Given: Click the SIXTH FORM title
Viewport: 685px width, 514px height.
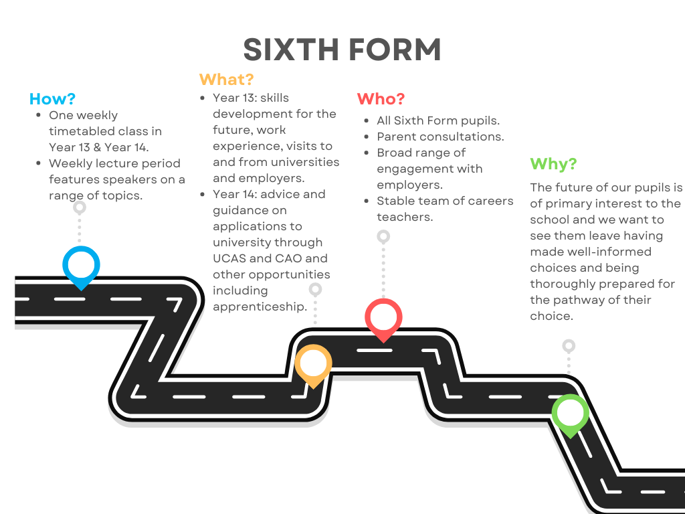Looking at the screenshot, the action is point(342,50).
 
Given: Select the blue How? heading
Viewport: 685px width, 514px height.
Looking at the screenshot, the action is point(52,99).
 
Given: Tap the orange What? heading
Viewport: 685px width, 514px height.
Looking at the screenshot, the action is point(226,79).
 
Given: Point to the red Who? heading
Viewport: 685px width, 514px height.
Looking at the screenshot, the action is point(381,99).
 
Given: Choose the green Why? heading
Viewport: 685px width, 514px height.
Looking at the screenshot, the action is point(553,164).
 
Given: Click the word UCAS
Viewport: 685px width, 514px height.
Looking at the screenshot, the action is point(229,258).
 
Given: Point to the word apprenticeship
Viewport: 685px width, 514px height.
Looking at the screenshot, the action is point(260,307).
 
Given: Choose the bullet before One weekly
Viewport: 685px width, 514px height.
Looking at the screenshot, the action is point(39,115).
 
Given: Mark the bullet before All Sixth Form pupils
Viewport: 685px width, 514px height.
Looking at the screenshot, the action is point(367,120).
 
